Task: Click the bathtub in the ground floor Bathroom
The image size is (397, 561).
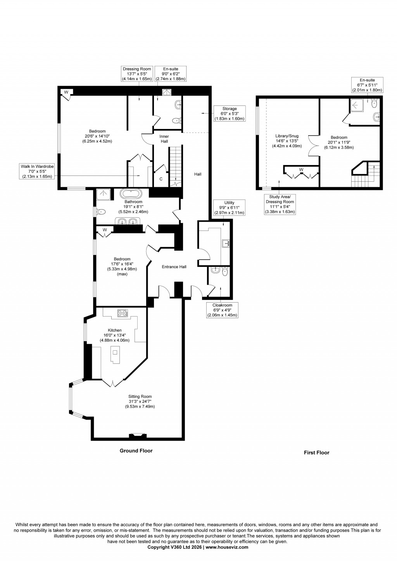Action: click(131, 194)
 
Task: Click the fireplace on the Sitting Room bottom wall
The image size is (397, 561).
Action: click(138, 435)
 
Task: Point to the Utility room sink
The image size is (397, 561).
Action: click(226, 243)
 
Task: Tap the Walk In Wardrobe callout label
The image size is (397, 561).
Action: click(37, 171)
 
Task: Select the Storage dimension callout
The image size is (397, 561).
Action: click(230, 114)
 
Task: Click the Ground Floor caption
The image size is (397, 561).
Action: click(136, 451)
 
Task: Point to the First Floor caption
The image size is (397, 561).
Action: click(316, 452)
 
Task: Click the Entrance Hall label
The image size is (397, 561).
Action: click(174, 267)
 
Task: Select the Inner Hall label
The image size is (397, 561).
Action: click(164, 139)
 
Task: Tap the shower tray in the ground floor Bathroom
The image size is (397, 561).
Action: click(103, 194)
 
